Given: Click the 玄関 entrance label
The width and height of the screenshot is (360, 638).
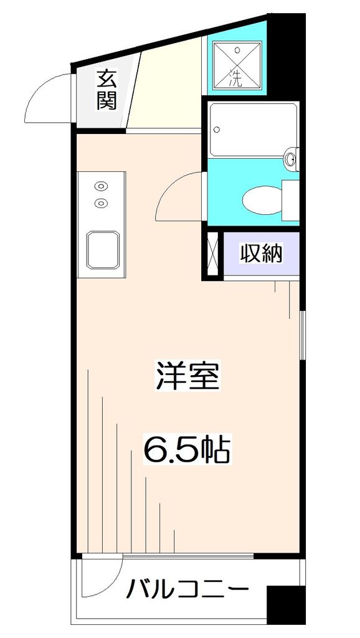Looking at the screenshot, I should coord(107,90).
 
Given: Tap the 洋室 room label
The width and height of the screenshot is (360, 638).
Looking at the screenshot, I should coord(187,376).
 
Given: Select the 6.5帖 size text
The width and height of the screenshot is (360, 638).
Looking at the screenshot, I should coord(187,448).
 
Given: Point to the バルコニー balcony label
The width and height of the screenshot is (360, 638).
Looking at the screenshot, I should coord(187,589).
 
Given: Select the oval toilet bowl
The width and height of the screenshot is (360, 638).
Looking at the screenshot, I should coord(262,200).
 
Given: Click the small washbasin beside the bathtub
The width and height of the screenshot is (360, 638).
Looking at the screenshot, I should coord(291,159).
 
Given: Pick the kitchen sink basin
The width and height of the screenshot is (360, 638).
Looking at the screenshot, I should coord(102,249).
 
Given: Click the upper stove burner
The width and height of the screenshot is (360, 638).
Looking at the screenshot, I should coord(100,185).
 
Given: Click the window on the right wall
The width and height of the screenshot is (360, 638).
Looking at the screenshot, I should coord(302,336).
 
